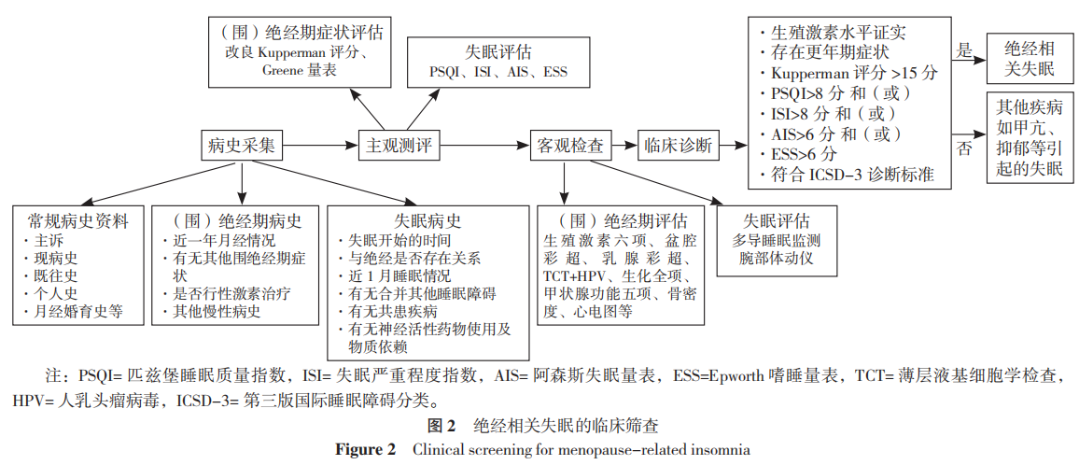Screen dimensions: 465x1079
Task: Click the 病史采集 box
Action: [242, 145]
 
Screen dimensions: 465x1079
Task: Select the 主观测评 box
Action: [399, 145]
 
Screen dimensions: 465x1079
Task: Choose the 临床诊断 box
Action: [679, 146]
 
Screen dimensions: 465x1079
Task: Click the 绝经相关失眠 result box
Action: [1029, 59]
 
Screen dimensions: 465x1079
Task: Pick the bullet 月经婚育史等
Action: [78, 311]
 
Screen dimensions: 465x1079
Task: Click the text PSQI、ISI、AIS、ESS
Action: [497, 72]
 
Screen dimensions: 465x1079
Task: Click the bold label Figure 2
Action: [366, 449]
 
